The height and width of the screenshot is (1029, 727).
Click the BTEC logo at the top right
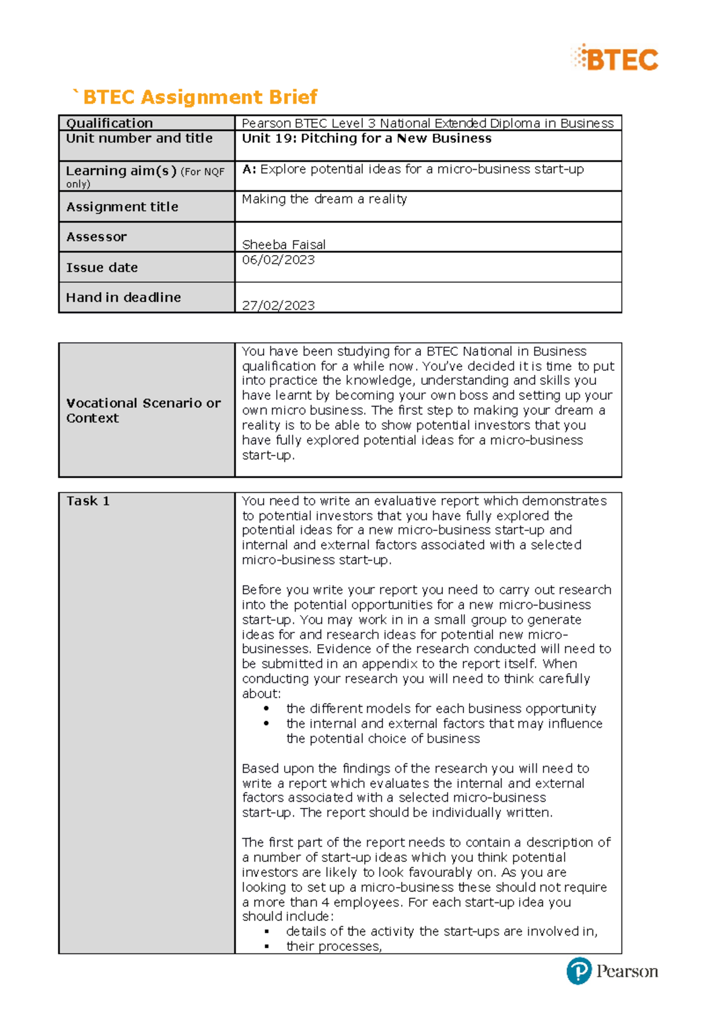(614, 59)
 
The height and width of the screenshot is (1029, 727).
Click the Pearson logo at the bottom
(612, 971)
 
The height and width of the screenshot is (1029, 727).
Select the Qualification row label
(109, 123)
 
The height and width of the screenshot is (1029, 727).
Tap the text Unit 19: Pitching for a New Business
(367, 138)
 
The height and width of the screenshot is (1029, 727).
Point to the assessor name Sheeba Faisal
(284, 244)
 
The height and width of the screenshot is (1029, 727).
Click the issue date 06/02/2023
(278, 260)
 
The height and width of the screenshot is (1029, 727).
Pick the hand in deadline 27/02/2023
(278, 305)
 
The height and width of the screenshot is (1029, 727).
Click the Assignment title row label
(122, 207)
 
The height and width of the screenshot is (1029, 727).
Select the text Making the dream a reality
(324, 199)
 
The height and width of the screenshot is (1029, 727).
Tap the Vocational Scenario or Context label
(143, 410)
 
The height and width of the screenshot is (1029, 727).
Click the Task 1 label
(88, 501)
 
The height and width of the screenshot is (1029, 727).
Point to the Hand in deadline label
(124, 298)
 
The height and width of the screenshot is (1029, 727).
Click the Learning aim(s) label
(121, 171)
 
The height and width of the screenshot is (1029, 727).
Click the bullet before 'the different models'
(267, 708)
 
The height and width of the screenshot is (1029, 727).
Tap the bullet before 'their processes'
(267, 946)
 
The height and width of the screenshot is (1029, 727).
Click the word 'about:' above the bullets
(261, 693)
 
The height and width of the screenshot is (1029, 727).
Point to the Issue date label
(102, 267)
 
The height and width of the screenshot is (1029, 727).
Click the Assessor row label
(96, 237)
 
